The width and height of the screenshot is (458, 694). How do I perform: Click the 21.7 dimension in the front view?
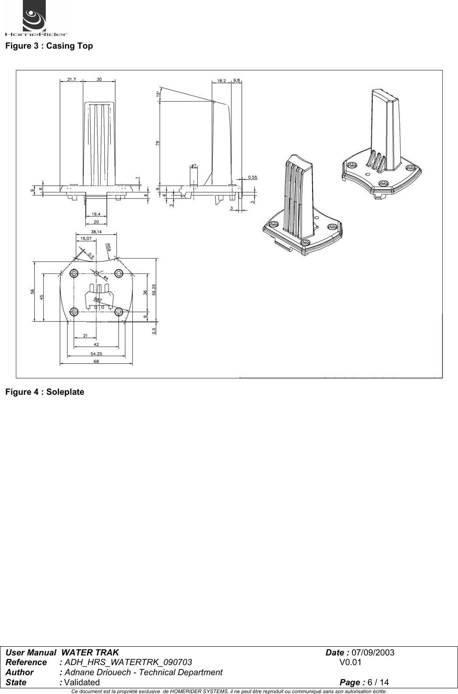(71, 79)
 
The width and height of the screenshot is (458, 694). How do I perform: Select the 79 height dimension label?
(158, 142)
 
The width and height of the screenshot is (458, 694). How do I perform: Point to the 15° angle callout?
(157, 94)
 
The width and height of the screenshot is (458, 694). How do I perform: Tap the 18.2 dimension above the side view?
(222, 81)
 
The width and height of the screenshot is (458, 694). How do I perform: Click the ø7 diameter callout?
(194, 166)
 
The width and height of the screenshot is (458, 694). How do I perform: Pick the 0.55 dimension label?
(253, 177)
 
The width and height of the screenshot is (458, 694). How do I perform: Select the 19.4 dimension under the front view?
(96, 214)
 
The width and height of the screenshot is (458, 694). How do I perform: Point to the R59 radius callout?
(108, 247)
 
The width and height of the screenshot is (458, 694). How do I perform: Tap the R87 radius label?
(98, 299)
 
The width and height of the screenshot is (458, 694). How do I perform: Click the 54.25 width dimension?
(96, 353)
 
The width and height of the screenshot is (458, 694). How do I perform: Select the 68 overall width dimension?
(96, 361)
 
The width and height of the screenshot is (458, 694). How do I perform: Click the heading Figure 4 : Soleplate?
(45, 392)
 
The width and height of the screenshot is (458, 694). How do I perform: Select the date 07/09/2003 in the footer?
(373, 653)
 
